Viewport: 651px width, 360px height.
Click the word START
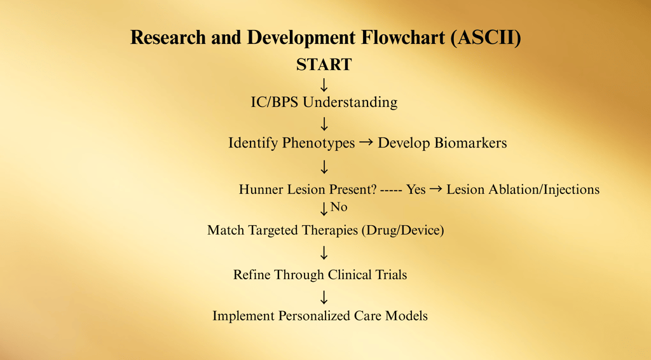[324, 65]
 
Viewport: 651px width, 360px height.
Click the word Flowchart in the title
[403, 38]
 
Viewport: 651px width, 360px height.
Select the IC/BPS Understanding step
[324, 102]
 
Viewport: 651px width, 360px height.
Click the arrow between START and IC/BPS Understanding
[324, 85]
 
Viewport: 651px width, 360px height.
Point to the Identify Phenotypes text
[291, 143]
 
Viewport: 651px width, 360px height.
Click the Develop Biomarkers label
[442, 143]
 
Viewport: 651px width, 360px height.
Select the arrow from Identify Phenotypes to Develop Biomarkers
[366, 143]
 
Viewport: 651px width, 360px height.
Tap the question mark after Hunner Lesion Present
[373, 190]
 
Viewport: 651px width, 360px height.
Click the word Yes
[416, 190]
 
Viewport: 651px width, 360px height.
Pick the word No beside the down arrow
[339, 207]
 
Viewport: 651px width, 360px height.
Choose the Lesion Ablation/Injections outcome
[523, 190]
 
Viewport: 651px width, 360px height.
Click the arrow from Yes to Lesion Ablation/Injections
[436, 190]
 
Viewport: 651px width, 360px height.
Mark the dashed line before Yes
[391, 191]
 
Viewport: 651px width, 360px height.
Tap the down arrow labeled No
[324, 209]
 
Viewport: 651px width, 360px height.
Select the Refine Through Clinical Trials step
[320, 275]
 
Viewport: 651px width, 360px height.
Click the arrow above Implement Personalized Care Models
[324, 297]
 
